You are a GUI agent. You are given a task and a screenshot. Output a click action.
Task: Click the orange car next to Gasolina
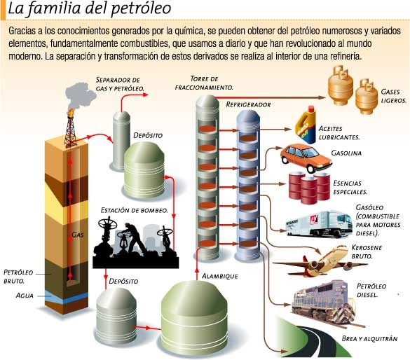pyautogui.click(x=306, y=158)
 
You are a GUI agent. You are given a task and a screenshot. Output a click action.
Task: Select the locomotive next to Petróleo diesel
pyautogui.click(x=324, y=302)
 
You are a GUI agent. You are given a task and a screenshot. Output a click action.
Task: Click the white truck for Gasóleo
pyautogui.click(x=319, y=224)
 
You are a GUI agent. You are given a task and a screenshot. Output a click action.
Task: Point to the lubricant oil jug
pyautogui.click(x=306, y=125)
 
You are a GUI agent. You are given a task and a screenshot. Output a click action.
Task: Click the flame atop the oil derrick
pyautogui.click(x=70, y=113)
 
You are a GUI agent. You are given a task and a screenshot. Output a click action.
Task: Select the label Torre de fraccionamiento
pyautogui.click(x=204, y=83)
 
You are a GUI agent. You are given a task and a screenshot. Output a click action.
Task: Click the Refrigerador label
pyautogui.click(x=248, y=104)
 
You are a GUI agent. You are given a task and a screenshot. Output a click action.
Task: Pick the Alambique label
pyautogui.click(x=220, y=276)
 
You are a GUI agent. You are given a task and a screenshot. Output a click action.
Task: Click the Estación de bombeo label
pyautogui.click(x=134, y=210)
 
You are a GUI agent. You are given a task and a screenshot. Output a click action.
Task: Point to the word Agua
pyautogui.click(x=25, y=296)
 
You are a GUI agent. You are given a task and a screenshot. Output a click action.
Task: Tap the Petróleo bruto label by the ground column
pyautogui.click(x=18, y=277)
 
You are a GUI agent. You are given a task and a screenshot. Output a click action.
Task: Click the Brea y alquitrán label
pyautogui.click(x=369, y=338)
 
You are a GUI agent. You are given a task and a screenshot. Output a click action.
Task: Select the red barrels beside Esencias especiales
pyautogui.click(x=309, y=188)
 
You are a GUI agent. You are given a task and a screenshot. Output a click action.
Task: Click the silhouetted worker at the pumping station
pyautogui.click(x=134, y=237)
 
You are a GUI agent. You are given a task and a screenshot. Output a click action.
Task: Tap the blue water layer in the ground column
pyautogui.click(x=67, y=297)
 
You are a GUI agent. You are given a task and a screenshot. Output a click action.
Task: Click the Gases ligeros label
pyautogui.click(x=393, y=96)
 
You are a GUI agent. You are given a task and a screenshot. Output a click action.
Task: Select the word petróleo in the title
pyautogui.click(x=141, y=9)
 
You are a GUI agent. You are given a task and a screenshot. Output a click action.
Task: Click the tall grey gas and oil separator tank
pyautogui.click(x=121, y=141)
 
